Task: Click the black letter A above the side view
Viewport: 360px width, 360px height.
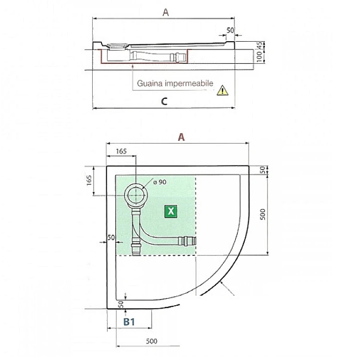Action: pos(166,12)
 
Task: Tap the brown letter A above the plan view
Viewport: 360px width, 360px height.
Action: pos(181,137)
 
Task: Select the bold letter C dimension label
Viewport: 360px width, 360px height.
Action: pos(164,101)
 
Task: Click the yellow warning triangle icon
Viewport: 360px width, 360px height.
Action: pos(222,90)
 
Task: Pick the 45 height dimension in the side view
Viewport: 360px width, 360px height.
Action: pos(259,45)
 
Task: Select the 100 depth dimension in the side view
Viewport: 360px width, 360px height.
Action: pos(259,57)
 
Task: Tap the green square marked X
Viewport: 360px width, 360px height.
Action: pos(170,211)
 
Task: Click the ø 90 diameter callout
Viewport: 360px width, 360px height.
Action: pos(160,182)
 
